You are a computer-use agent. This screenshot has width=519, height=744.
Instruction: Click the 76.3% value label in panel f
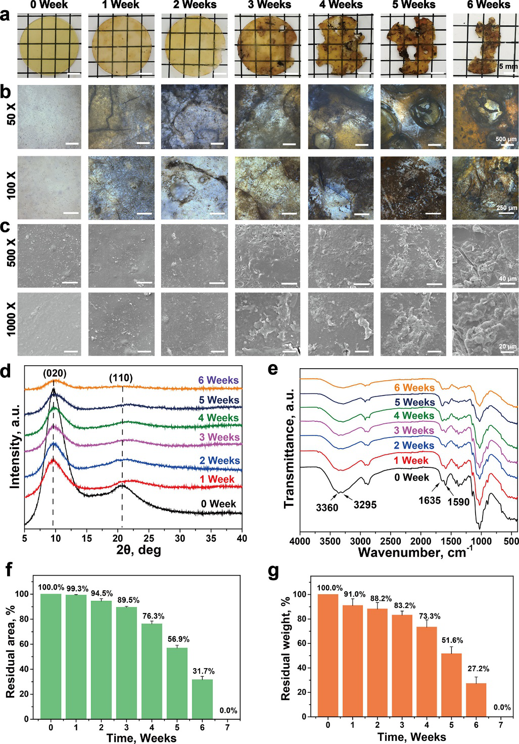click(154, 616)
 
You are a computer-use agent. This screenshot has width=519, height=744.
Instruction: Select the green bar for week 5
click(177, 683)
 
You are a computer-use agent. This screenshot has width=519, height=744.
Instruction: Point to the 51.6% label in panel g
click(452, 640)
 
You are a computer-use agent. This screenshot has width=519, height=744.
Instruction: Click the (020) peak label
click(54, 374)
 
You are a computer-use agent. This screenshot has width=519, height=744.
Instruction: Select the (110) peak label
click(121, 378)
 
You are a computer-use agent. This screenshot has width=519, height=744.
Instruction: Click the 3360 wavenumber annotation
click(327, 507)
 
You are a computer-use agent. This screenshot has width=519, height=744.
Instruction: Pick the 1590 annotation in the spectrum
click(458, 502)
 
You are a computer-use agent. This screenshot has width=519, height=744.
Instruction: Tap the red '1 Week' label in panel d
click(217, 479)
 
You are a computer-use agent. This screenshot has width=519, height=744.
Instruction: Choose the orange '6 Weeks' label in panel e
click(414, 387)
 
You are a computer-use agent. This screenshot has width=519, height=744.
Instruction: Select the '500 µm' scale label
click(506, 139)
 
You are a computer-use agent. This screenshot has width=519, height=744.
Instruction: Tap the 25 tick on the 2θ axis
click(149, 538)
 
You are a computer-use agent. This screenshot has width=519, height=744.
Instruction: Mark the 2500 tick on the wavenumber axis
click(390, 541)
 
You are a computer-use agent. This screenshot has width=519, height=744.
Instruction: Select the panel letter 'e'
click(272, 369)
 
